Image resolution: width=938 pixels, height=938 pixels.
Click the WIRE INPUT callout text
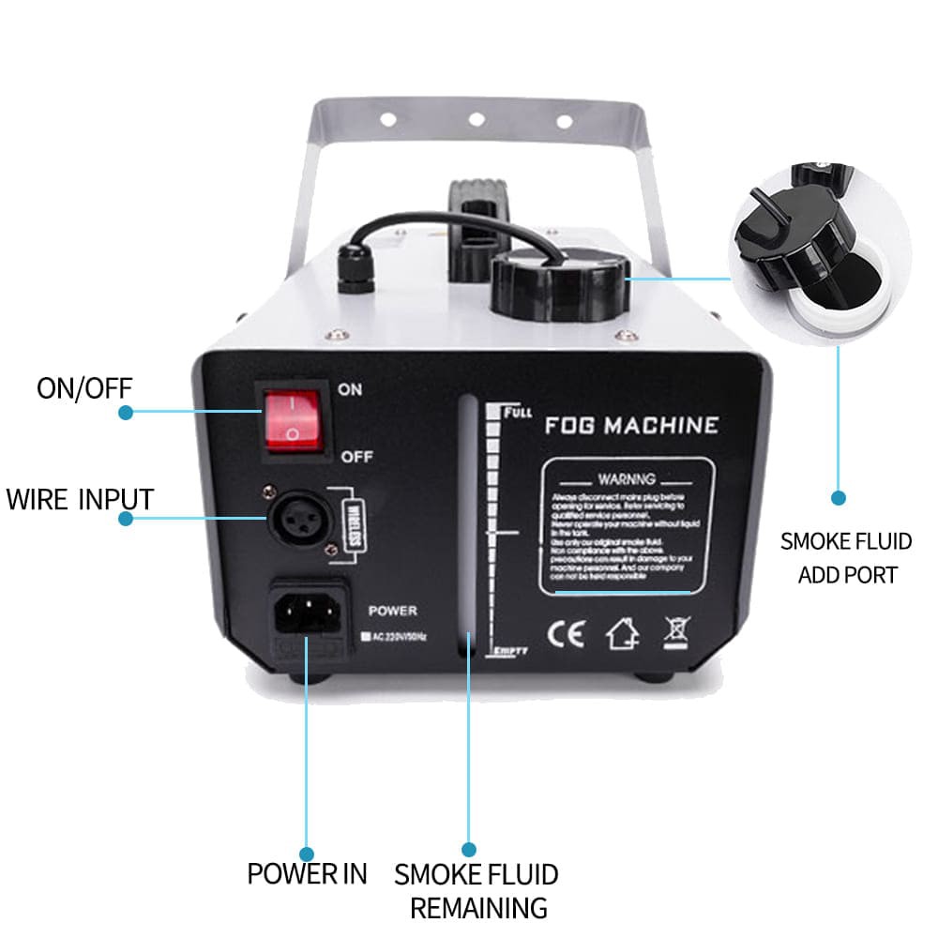80,498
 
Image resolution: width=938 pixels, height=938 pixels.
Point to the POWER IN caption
307,873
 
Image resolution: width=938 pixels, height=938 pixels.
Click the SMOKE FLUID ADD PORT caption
847,557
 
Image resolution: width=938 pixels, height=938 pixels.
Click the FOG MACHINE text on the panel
631,425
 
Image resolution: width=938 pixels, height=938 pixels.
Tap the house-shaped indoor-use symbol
622,635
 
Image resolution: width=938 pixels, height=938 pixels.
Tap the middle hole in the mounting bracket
477,119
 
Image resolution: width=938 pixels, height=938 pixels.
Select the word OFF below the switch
356,457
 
